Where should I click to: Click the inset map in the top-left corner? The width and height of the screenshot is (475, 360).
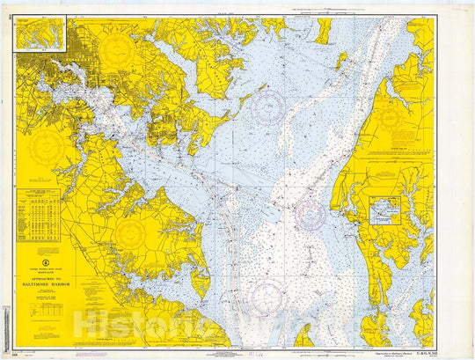pyautogui.click(x=40, y=33)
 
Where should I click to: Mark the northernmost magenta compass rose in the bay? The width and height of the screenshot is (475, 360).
pyautogui.click(x=267, y=108)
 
